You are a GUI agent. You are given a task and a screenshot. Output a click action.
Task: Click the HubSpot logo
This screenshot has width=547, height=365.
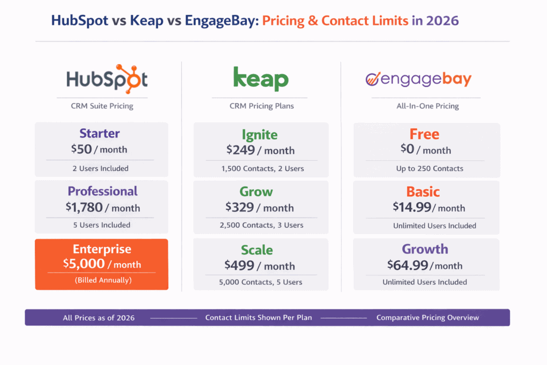107,79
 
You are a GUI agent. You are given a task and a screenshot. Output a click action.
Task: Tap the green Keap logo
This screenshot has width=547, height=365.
261,79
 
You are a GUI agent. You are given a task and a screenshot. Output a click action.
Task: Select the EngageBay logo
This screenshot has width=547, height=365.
418,80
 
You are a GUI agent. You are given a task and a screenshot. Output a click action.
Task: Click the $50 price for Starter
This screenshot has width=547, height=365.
81,150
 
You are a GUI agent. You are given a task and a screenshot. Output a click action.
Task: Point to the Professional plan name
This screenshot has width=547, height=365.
102,191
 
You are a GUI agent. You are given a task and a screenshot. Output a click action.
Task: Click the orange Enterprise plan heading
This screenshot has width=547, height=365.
102,249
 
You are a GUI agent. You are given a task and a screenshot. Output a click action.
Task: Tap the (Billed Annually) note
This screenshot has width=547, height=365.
102,279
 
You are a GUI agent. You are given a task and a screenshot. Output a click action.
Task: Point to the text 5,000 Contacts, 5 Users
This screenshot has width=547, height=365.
261,282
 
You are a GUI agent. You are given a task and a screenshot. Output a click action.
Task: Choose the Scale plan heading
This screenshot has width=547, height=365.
257,250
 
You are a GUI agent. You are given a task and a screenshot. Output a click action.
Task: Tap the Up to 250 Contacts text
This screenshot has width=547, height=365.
426,168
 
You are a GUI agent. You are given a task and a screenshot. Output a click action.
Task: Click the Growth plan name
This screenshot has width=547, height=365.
425,249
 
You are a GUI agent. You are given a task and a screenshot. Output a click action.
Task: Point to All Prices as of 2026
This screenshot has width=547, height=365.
99,317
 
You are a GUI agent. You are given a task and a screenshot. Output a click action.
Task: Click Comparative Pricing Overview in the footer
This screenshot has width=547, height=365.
427,317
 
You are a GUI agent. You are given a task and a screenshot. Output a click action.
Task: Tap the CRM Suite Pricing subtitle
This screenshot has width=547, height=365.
102,106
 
